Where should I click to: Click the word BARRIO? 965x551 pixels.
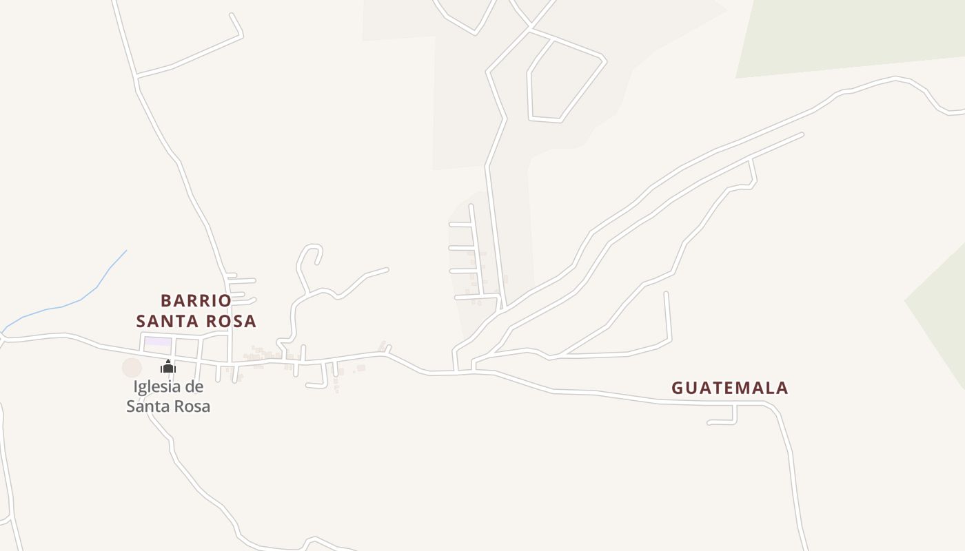(196, 301)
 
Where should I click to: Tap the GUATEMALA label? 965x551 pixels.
(730, 388)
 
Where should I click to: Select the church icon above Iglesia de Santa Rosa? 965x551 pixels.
(168, 366)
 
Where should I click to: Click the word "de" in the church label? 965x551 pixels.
(194, 387)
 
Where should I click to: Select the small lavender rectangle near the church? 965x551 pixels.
(158, 342)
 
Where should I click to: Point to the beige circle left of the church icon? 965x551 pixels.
(132, 368)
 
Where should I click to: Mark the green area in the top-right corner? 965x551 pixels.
(848, 34)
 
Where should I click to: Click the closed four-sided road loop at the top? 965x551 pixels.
(564, 81)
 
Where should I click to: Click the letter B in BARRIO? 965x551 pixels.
(166, 301)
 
